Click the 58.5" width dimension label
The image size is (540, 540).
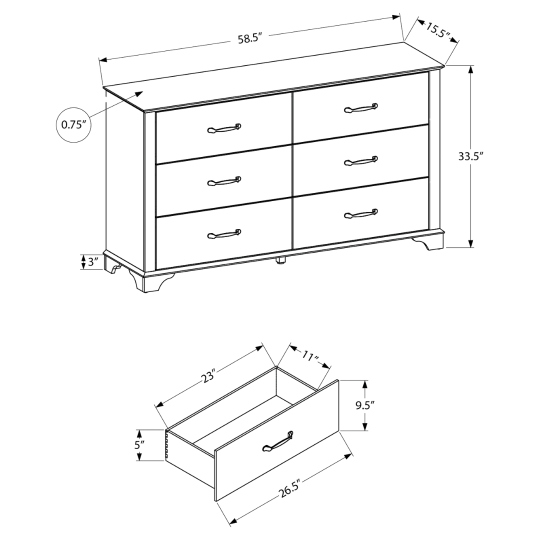[250, 38]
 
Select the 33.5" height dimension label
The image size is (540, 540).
[471, 156]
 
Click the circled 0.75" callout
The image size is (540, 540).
[74, 124]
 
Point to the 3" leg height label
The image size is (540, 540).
[93, 262]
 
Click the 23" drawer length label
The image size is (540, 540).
[209, 376]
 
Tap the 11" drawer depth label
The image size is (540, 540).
[310, 357]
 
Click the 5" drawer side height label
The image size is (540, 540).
[139, 444]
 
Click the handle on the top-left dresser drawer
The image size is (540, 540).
[224, 128]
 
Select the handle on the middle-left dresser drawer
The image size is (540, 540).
[224, 181]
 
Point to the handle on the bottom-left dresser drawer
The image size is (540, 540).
[224, 233]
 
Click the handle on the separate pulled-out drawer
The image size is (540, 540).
[277, 441]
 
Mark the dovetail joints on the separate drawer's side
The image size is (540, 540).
[166, 446]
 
